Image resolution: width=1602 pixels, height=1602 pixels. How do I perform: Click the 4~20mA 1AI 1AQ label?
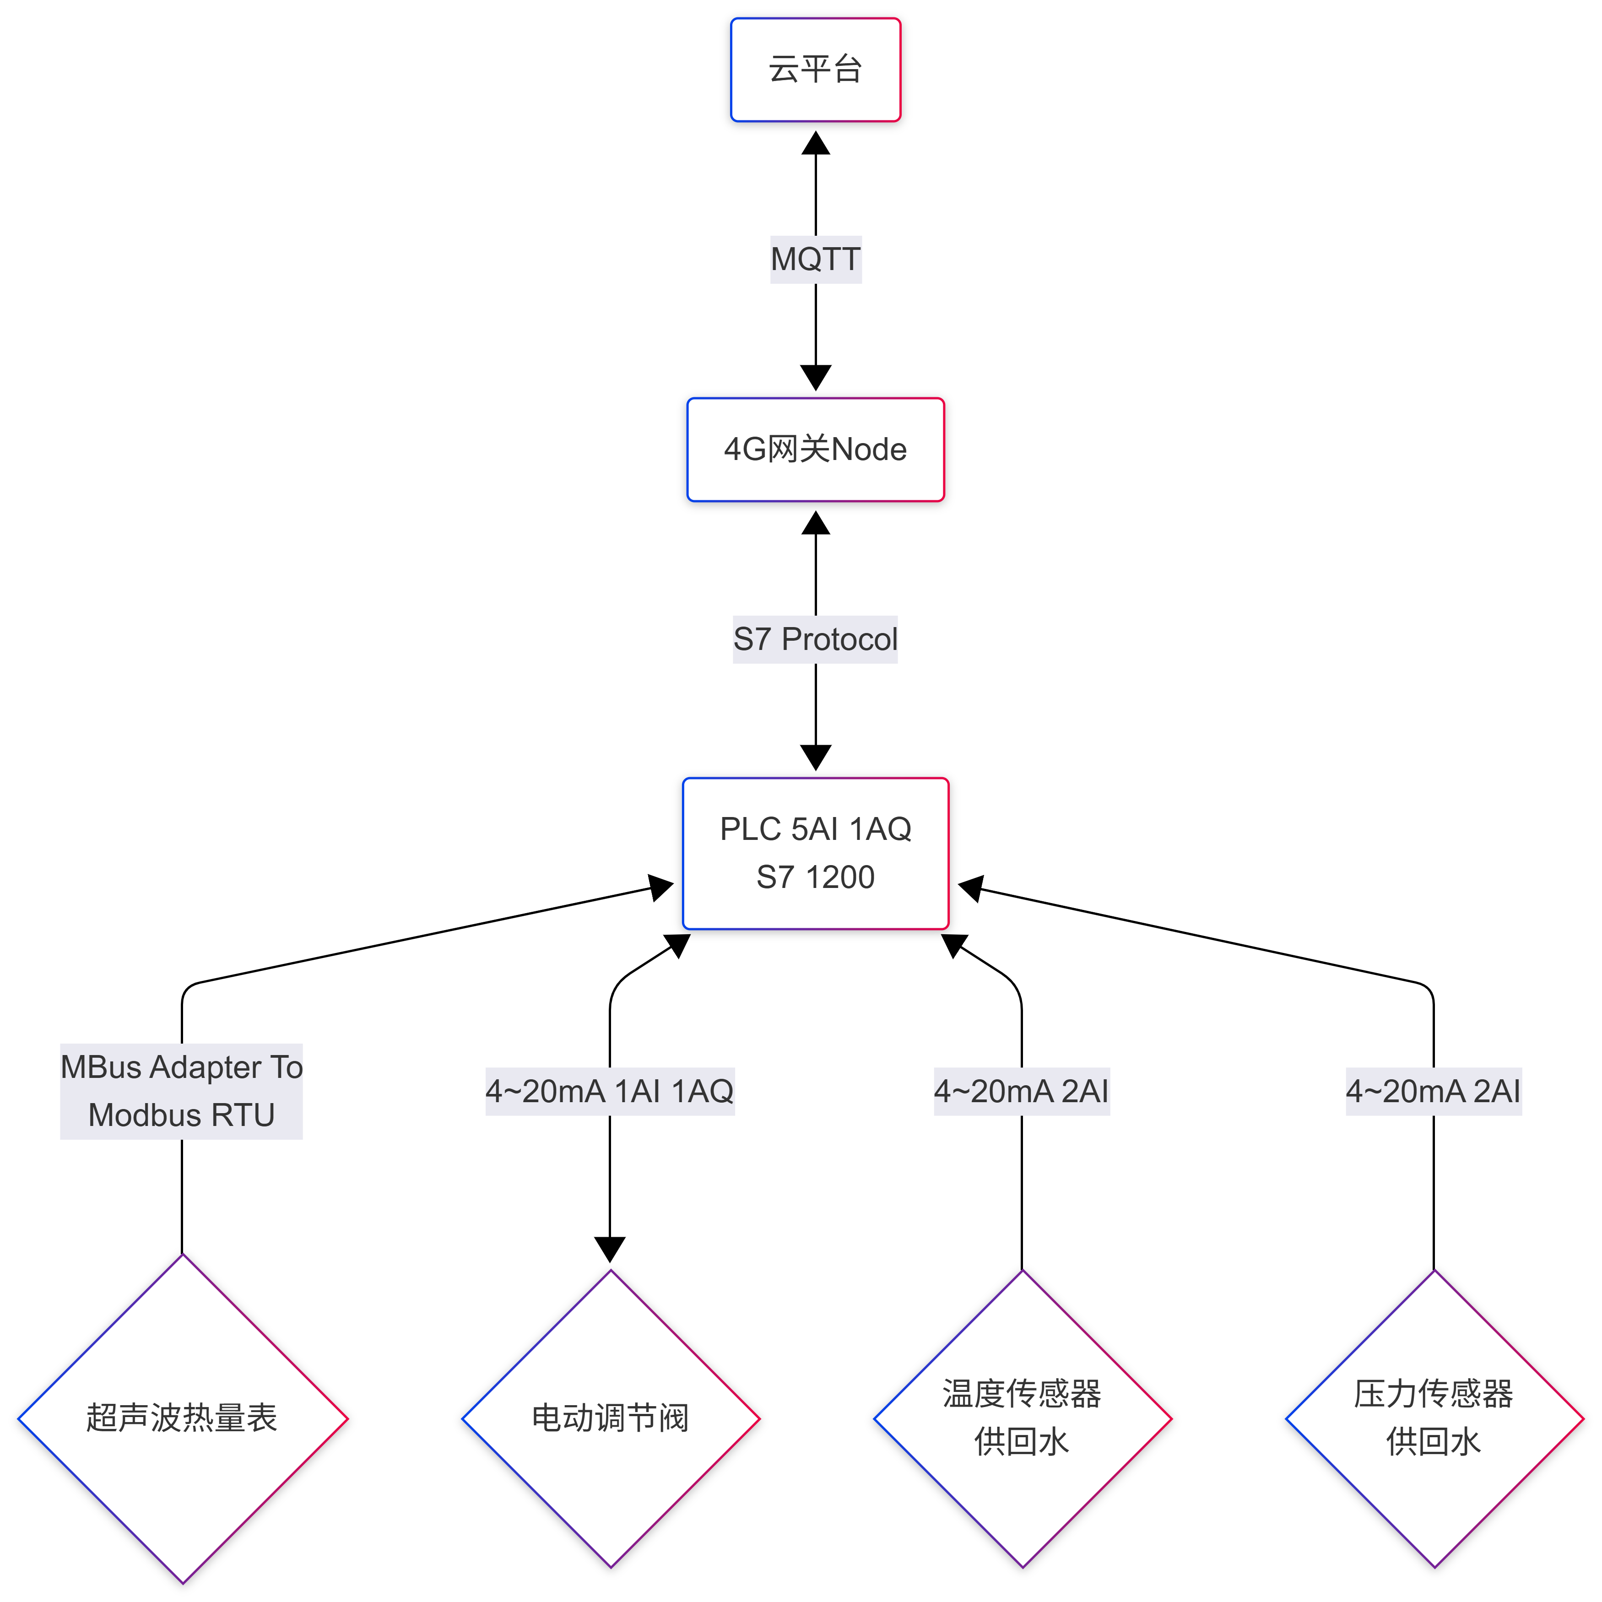610,1091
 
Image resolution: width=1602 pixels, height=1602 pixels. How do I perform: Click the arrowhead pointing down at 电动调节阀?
610,1249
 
